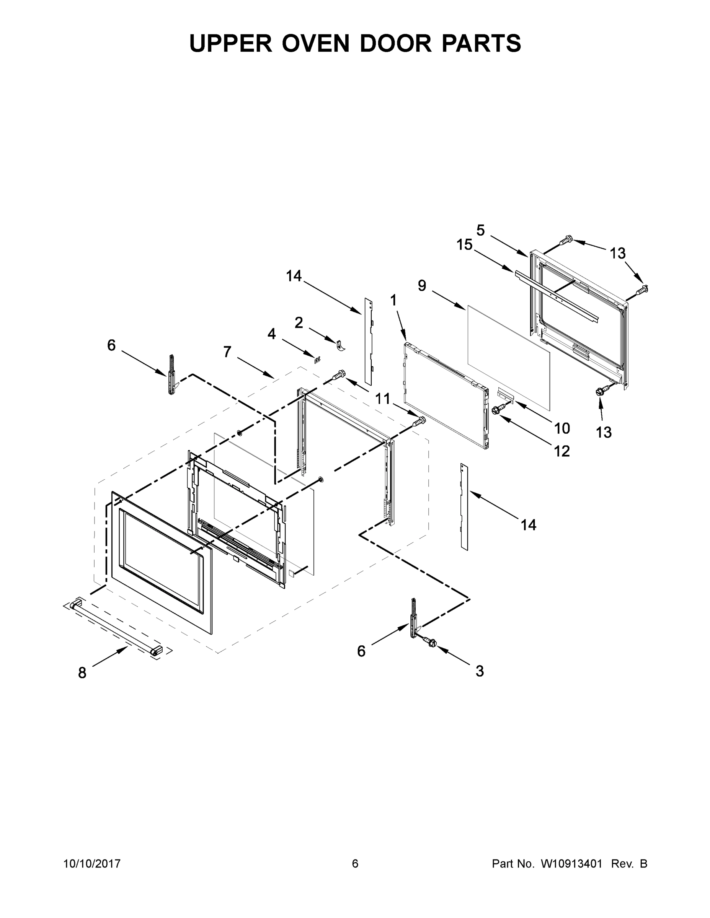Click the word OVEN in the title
click(x=315, y=43)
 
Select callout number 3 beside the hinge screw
click(x=480, y=671)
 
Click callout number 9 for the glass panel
click(x=422, y=286)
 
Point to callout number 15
click(x=465, y=245)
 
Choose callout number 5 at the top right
click(x=480, y=230)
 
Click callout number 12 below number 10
click(x=562, y=451)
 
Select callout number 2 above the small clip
click(x=299, y=323)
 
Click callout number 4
click(x=272, y=334)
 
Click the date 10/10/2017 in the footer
click(x=92, y=863)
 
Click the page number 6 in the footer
click(x=355, y=863)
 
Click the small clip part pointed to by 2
click(x=340, y=345)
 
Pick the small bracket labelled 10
click(x=506, y=394)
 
